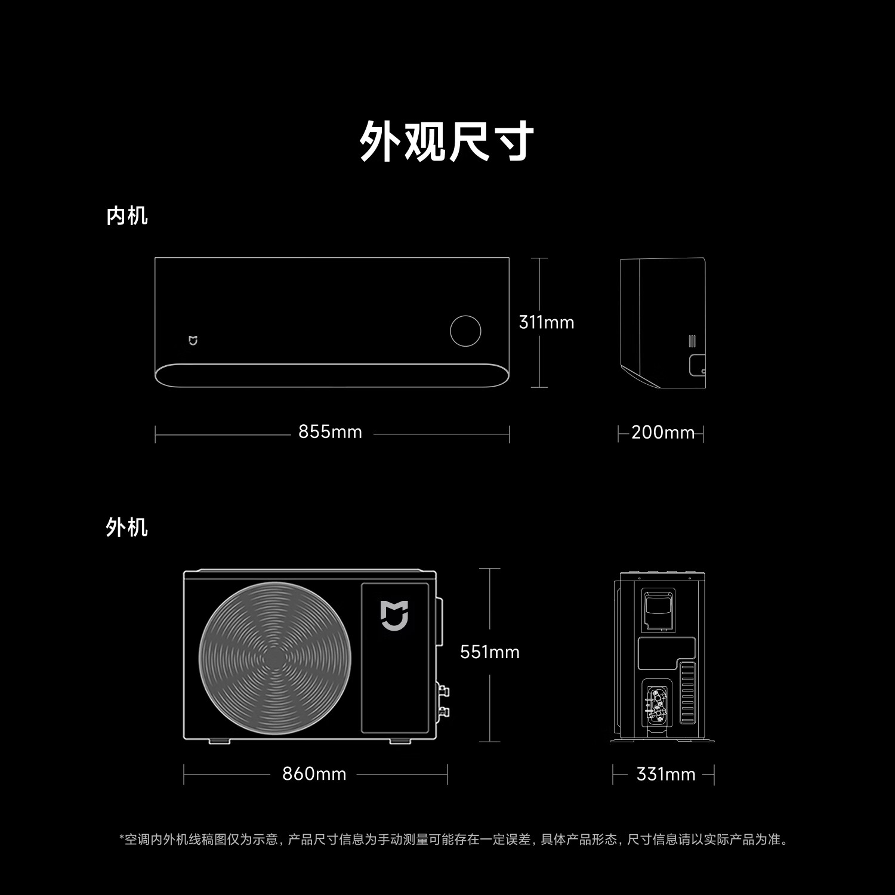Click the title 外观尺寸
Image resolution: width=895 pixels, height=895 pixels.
click(447, 141)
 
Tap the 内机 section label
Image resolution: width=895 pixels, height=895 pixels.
click(127, 215)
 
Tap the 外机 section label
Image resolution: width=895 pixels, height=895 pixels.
click(127, 527)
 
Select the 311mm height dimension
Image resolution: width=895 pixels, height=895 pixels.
click(547, 322)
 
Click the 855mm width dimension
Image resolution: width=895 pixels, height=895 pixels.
click(330, 432)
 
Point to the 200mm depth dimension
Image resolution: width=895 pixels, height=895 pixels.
click(663, 432)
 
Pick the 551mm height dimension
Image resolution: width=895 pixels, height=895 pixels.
click(490, 652)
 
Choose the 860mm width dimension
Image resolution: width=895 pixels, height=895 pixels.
click(314, 774)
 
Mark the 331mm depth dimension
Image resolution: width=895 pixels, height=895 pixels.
click(666, 774)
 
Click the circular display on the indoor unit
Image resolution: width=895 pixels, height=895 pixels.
click(465, 331)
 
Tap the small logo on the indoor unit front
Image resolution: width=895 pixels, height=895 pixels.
click(193, 341)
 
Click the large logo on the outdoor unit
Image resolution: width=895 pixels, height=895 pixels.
click(394, 616)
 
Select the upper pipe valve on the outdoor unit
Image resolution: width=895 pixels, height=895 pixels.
click(443, 692)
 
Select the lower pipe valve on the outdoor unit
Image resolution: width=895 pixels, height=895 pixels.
click(443, 712)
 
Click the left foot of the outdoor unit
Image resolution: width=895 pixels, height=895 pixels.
click(219, 741)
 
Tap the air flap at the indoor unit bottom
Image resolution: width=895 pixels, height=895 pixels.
click(332, 375)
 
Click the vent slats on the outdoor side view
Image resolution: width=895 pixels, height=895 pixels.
click(687, 693)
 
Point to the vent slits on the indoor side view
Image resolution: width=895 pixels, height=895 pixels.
click(692, 341)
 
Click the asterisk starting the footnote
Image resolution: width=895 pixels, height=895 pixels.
click(122, 837)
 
